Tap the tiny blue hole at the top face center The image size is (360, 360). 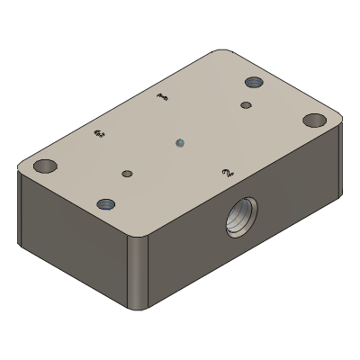tap(180, 141)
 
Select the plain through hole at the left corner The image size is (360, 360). tap(43, 166)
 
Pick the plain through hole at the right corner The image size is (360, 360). tap(314, 119)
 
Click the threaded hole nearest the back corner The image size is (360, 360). tap(254, 83)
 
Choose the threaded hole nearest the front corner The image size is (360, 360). tap(106, 204)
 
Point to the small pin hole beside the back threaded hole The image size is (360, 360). tap(246, 105)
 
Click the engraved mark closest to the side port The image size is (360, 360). tap(228, 169)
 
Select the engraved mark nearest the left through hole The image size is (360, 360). tap(99, 135)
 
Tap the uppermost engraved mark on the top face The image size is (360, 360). tap(162, 96)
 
